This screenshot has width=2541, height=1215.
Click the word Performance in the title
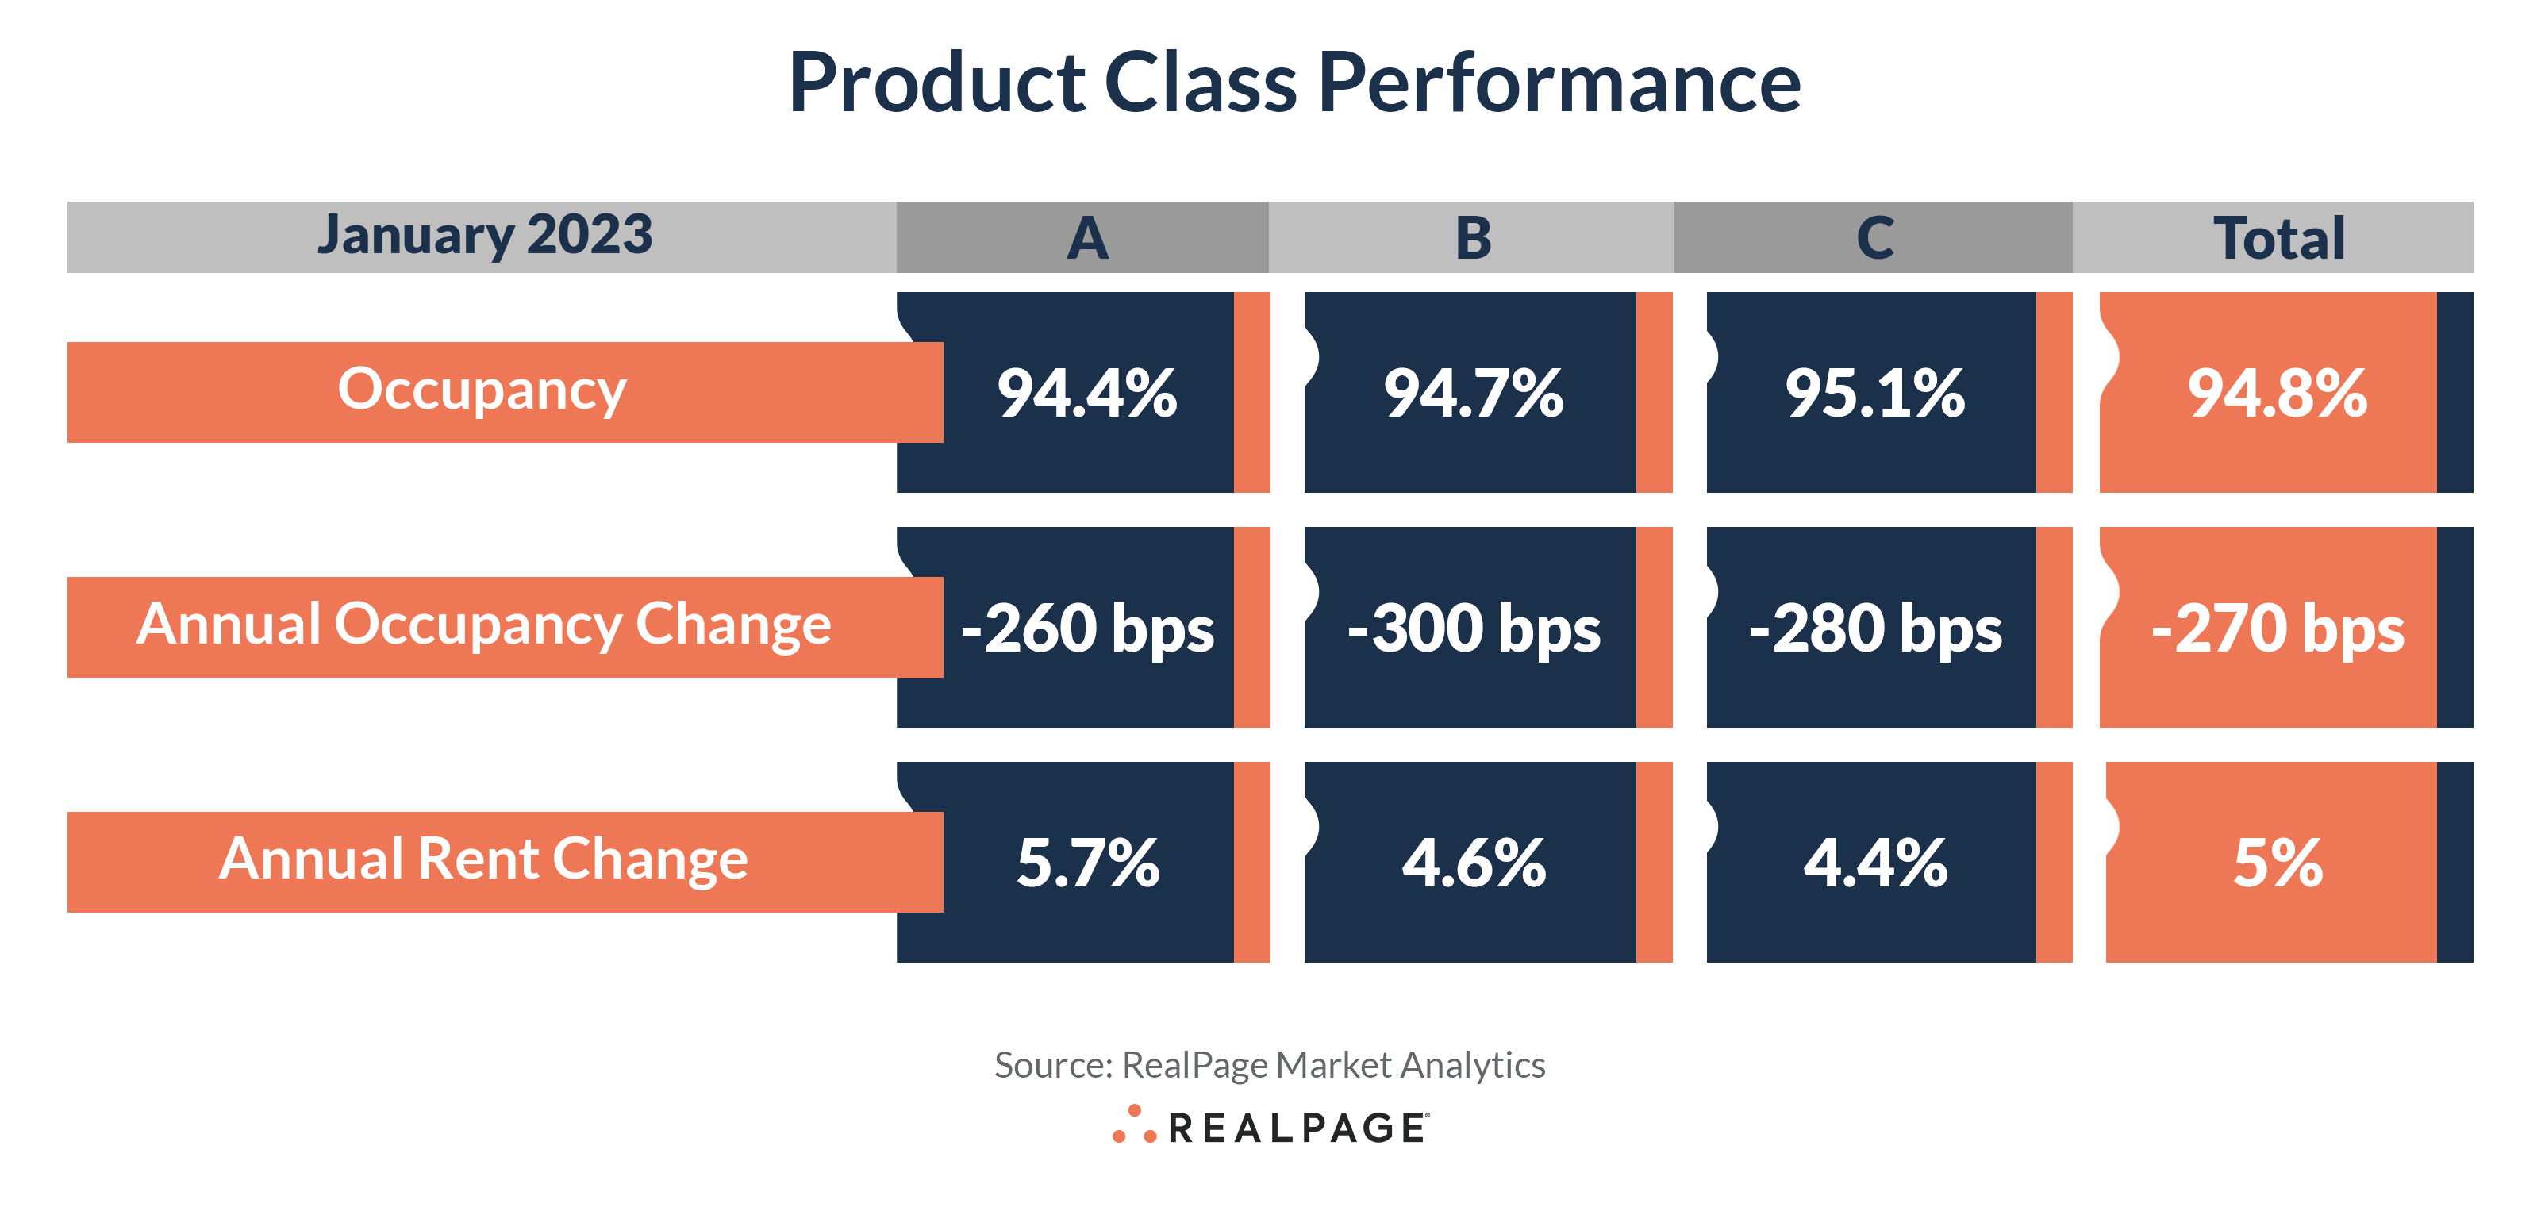(x=1559, y=84)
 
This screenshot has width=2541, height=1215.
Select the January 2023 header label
(x=484, y=236)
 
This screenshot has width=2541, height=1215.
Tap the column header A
(x=1087, y=237)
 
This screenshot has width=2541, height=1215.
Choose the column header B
(x=1473, y=237)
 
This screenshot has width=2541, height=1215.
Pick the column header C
(x=1874, y=237)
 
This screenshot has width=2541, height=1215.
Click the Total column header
(x=2278, y=237)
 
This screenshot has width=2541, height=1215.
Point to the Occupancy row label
(x=482, y=390)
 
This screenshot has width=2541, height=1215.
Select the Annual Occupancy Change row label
(x=483, y=625)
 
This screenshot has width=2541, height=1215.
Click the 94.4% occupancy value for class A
(x=1087, y=394)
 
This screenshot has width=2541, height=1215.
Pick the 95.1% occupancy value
(x=1874, y=394)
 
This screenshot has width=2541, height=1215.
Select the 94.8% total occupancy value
(x=2277, y=394)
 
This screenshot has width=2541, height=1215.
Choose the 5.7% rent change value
(x=1087, y=863)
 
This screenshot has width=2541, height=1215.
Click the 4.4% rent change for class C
(x=1874, y=863)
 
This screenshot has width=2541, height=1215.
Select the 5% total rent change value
(x=2277, y=863)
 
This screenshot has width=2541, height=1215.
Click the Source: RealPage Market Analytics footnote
(x=1270, y=1065)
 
